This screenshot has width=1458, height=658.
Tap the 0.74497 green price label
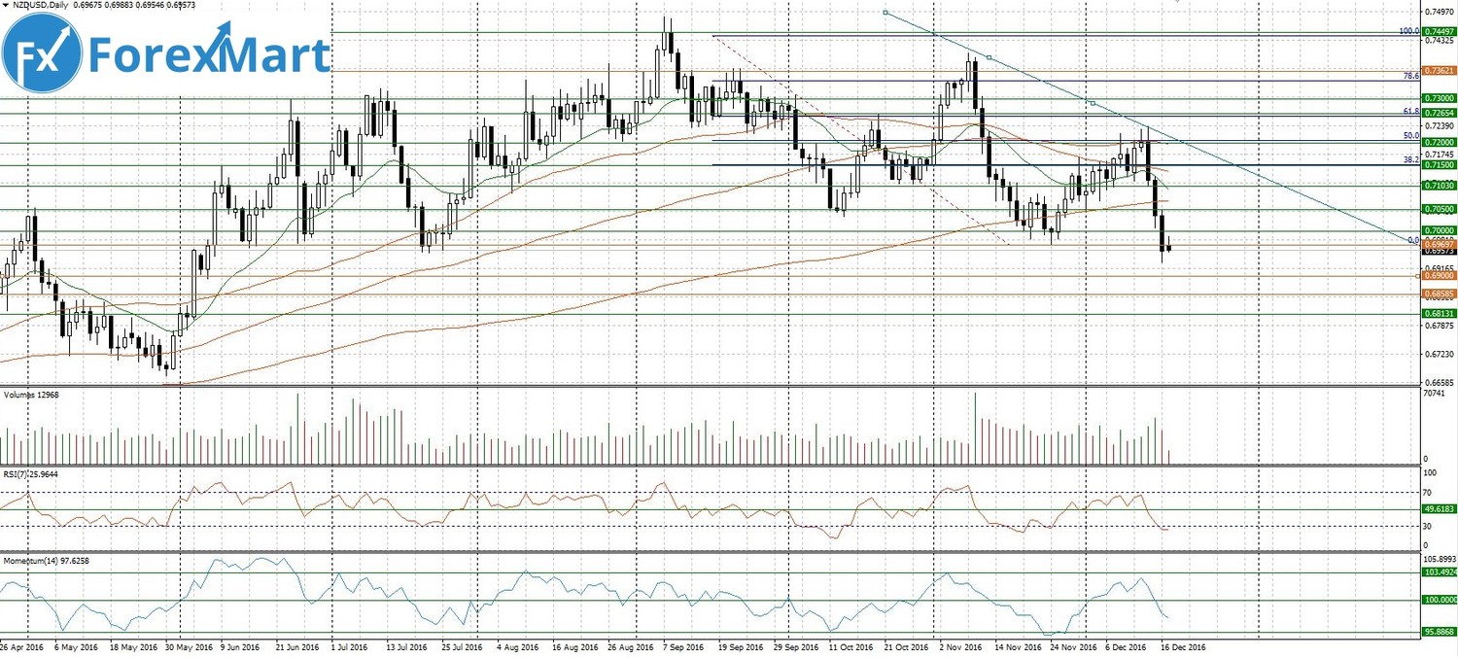click(x=1438, y=31)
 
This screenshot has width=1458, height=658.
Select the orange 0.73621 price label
click(x=1438, y=71)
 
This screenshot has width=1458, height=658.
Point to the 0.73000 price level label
click(x=1438, y=98)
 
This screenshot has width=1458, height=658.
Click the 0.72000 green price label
click(x=1438, y=142)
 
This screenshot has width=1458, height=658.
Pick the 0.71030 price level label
click(x=1438, y=185)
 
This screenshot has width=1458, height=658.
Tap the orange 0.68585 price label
click(x=1438, y=294)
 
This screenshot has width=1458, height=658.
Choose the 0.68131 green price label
click(x=1438, y=314)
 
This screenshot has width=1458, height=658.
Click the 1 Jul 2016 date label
click(x=349, y=645)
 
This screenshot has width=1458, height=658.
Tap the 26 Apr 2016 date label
click(x=21, y=645)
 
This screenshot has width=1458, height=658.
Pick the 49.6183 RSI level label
click(x=1438, y=508)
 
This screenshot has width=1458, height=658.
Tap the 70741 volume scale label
click(x=1435, y=394)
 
